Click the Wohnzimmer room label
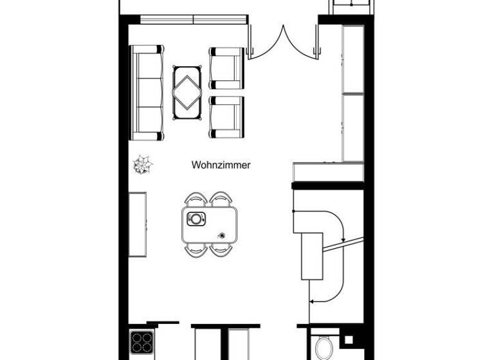pyautogui.click(x=221, y=165)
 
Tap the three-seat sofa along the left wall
pyautogui.click(x=147, y=93)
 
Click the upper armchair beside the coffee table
pyautogui.click(x=226, y=67)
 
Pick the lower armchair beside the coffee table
pyautogui.click(x=226, y=116)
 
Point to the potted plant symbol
pyautogui.click(x=142, y=165)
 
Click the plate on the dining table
pyautogui.click(x=196, y=219)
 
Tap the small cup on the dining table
pyautogui.click(x=223, y=235)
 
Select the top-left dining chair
pyautogui.click(x=196, y=199)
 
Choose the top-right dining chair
pyautogui.click(x=221, y=199)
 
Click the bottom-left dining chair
pyautogui.click(x=196, y=250)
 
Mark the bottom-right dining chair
pyautogui.click(x=221, y=250)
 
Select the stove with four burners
pyautogui.click(x=141, y=341)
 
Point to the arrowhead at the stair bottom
pyautogui.click(x=312, y=300)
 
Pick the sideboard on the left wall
pyautogui.click(x=137, y=224)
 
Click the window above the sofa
pyautogui.click(x=194, y=19)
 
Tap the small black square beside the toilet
pyautogui.click(x=349, y=339)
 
